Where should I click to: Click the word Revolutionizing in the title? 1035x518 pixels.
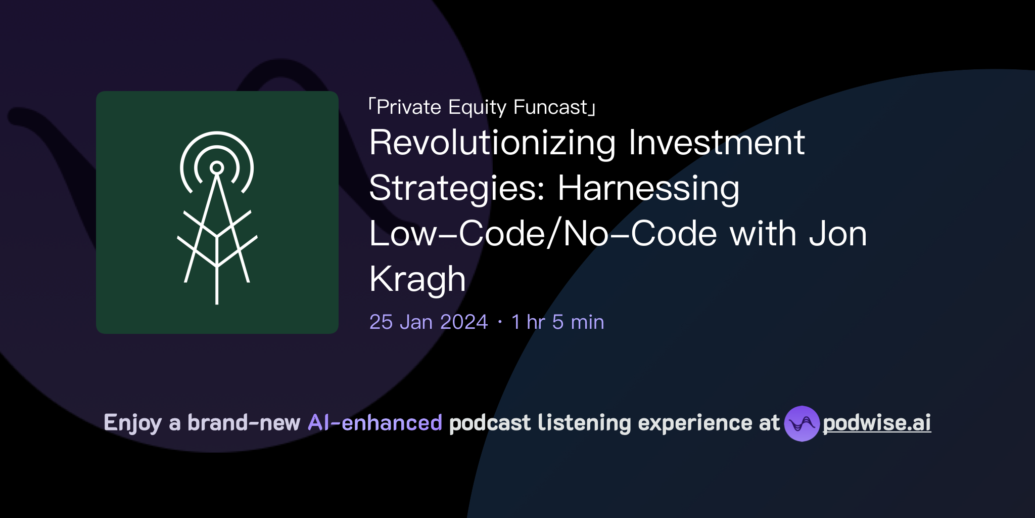click(492, 143)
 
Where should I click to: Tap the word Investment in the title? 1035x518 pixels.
click(716, 143)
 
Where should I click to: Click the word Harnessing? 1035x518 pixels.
click(648, 188)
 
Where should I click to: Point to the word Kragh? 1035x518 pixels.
click(417, 279)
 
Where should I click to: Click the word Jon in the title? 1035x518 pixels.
click(838, 234)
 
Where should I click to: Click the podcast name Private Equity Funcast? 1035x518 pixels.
click(482, 107)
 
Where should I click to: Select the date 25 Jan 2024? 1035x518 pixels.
click(429, 322)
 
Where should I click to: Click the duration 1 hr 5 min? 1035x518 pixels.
click(557, 322)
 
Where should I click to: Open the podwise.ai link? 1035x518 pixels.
click(877, 423)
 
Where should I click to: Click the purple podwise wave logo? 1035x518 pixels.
click(802, 423)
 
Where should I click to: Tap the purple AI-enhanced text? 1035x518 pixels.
click(375, 423)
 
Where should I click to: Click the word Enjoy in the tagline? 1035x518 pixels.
click(132, 423)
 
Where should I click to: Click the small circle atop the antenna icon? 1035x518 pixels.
click(217, 167)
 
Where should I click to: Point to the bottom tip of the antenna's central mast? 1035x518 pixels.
click(217, 302)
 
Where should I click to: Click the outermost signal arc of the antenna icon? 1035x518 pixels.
click(217, 133)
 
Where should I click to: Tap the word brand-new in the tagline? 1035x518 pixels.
click(244, 423)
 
